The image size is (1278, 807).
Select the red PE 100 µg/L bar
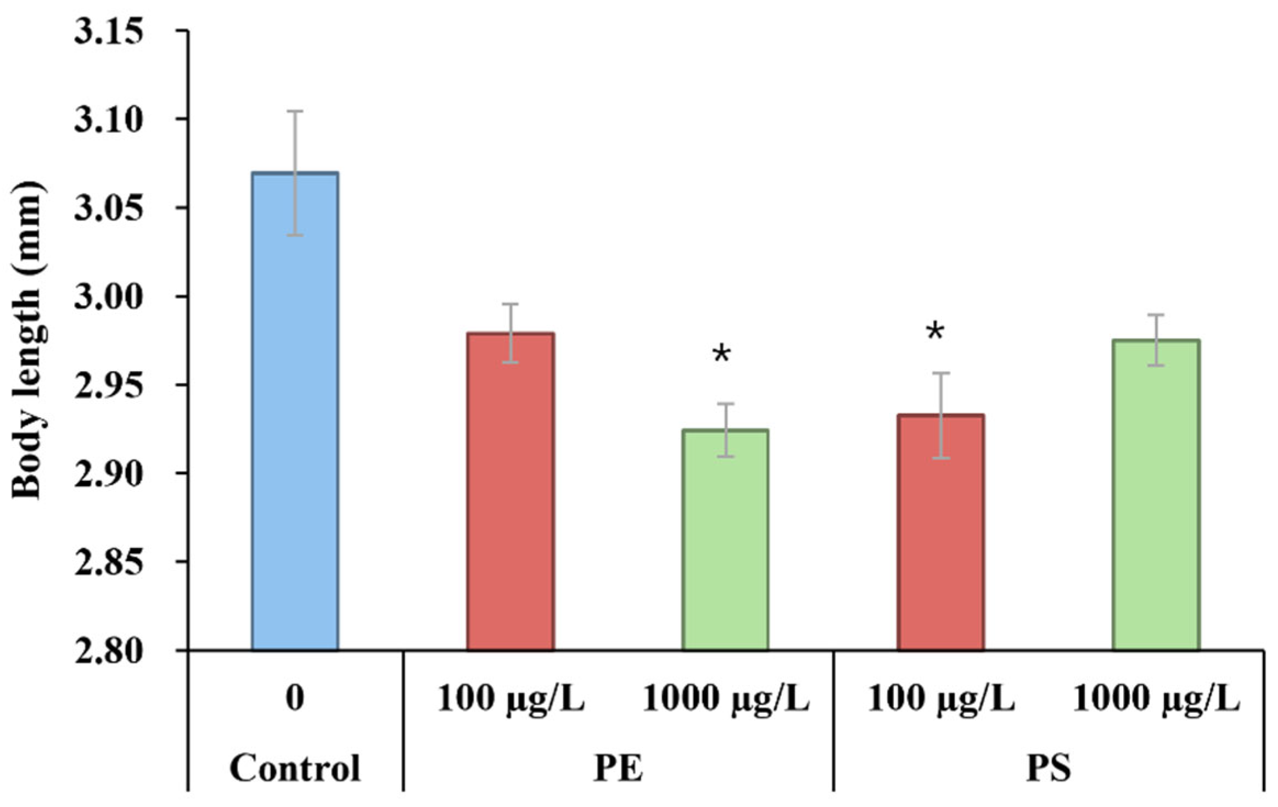(510, 494)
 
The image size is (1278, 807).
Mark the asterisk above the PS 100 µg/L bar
(935, 333)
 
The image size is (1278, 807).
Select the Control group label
(295, 768)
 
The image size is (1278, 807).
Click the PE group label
(618, 768)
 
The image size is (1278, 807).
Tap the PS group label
(1049, 768)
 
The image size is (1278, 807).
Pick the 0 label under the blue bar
(295, 699)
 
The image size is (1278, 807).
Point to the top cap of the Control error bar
(295, 111)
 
